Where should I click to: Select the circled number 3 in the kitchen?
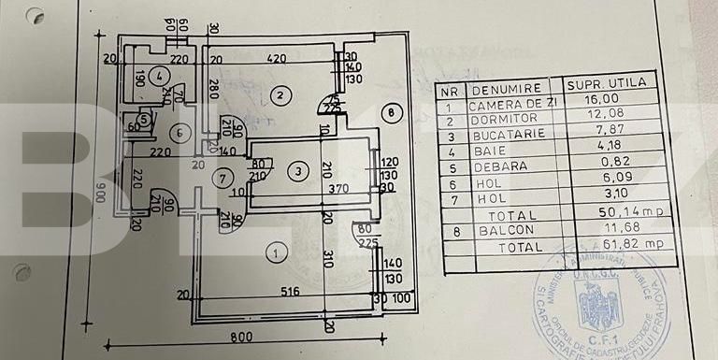click(x=297, y=171)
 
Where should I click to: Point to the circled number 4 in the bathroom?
click(x=160, y=76)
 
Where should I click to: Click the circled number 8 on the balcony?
click(x=392, y=114)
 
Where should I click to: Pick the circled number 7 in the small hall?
click(x=221, y=178)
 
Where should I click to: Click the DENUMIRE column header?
click(x=505, y=86)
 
